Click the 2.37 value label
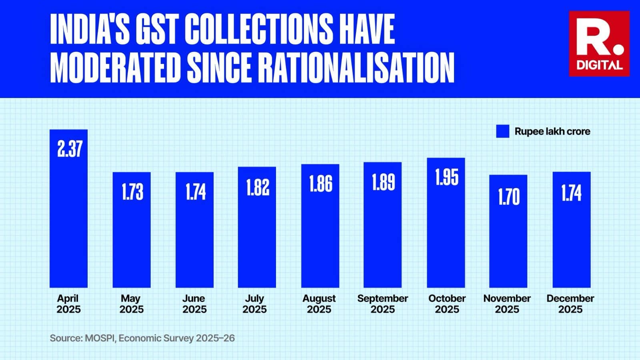pyautogui.click(x=70, y=149)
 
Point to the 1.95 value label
pyautogui.click(x=446, y=177)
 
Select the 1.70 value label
pyautogui.click(x=508, y=197)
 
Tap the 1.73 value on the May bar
pyautogui.click(x=132, y=192)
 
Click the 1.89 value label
pyautogui.click(x=383, y=182)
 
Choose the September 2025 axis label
pyautogui.click(x=382, y=304)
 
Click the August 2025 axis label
pyautogui.click(x=319, y=304)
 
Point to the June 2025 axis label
pyautogui.click(x=194, y=304)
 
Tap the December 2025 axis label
pyautogui.click(x=570, y=304)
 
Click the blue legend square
pyautogui.click(x=502, y=131)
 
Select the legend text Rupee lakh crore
pyautogui.click(x=552, y=131)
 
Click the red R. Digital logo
pyautogui.click(x=599, y=44)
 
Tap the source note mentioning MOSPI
pyautogui.click(x=142, y=338)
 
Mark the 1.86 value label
pyautogui.click(x=320, y=184)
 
